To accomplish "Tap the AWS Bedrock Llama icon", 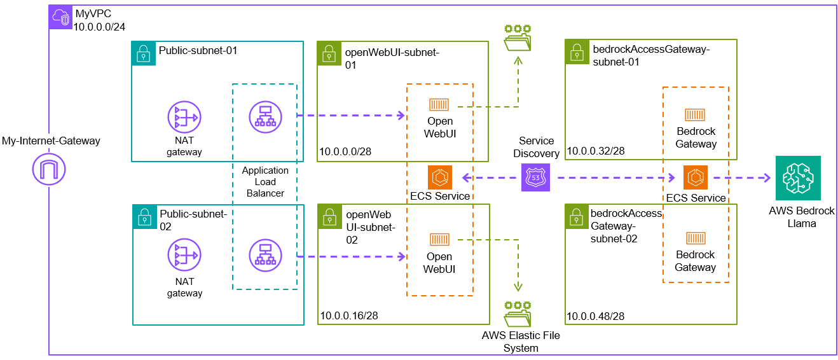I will [x=797, y=178].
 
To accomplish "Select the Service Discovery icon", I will [x=535, y=177].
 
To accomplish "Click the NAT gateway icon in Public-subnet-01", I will [x=184, y=118].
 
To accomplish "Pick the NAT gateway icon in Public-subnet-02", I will [x=184, y=255].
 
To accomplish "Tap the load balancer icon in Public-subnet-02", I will [x=265, y=255].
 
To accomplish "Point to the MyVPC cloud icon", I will [x=61, y=17].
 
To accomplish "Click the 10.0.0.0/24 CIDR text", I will [x=100, y=27].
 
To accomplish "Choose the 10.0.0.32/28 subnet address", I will [x=596, y=151].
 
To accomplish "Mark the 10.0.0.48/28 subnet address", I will [x=595, y=315].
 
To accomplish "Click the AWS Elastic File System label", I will [x=521, y=342].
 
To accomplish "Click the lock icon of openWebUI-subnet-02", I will [x=329, y=216].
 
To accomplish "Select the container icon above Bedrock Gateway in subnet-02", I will [x=695, y=238].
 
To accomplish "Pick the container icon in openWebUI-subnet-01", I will [x=439, y=104].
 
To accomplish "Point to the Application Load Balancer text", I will [x=265, y=182].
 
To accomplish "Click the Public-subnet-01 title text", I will [x=198, y=50].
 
